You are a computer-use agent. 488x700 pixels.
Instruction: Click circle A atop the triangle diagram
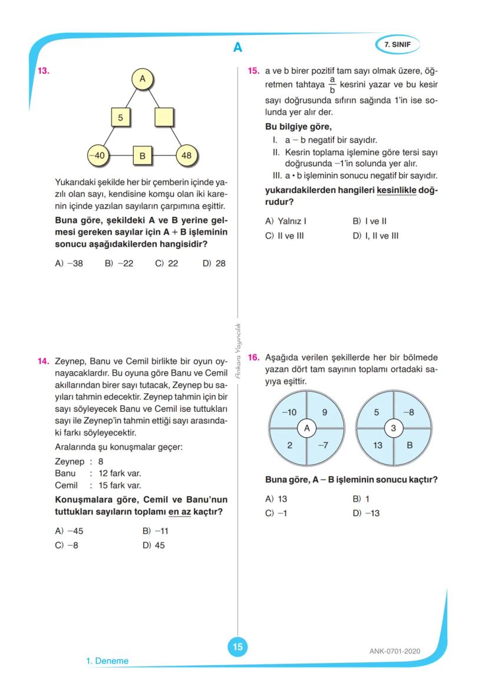[142, 78]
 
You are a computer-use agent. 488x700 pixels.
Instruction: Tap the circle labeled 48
[187, 156]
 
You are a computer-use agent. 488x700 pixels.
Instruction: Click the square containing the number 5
[120, 117]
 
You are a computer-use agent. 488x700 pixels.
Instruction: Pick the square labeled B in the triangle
[142, 156]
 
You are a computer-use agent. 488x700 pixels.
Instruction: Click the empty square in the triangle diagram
[164, 117]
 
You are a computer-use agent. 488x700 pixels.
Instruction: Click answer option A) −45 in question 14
[69, 530]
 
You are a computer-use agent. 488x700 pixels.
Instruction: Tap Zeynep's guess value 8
[101, 462]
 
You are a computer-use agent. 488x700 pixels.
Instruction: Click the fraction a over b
[332, 85]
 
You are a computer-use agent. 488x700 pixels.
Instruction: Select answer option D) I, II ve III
[375, 236]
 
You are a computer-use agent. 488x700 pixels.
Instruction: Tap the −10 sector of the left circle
[289, 412]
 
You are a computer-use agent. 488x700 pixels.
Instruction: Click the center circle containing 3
[394, 428]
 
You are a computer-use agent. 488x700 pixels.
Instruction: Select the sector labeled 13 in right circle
[378, 445]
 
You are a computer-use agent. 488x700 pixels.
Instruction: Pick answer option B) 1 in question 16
[361, 498]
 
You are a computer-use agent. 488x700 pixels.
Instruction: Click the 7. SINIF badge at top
[397, 44]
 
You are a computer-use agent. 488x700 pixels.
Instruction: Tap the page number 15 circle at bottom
[238, 647]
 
